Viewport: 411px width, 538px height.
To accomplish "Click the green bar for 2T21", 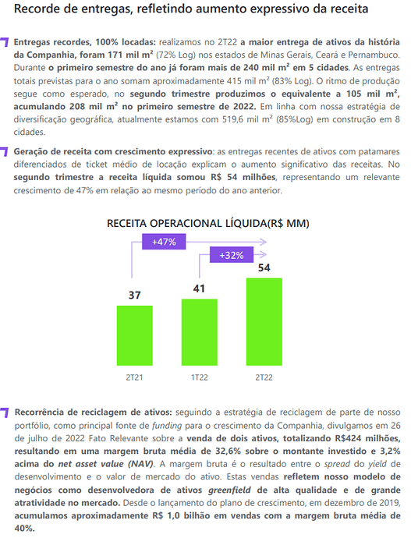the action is (x=134, y=335).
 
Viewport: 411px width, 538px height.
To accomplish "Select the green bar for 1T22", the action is (x=200, y=332).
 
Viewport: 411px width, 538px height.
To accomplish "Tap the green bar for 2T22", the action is (x=264, y=322).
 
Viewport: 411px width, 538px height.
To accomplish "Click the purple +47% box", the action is (x=164, y=242).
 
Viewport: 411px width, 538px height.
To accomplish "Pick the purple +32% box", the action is (x=232, y=255).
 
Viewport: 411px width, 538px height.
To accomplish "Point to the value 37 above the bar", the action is (x=134, y=295).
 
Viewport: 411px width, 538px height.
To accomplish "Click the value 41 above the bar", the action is (x=199, y=288).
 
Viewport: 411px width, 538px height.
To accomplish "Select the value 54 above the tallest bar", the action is (x=264, y=267).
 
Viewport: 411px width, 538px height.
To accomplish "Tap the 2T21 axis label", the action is (x=134, y=377).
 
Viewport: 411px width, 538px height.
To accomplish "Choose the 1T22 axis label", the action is (x=200, y=377).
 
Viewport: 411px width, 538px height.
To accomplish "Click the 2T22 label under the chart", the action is (x=264, y=377).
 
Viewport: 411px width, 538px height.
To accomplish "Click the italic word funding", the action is (x=167, y=426).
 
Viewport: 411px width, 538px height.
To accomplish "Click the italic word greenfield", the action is (x=229, y=490).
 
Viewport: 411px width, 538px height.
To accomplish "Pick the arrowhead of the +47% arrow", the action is (x=264, y=242).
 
